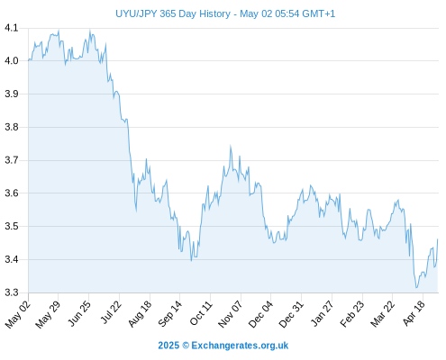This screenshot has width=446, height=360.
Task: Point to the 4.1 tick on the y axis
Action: click(x=12, y=28)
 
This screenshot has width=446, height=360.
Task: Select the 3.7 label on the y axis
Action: click(x=12, y=160)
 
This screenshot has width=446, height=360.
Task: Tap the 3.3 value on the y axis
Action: click(x=12, y=292)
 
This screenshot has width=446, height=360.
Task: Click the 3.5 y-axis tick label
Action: click(x=12, y=226)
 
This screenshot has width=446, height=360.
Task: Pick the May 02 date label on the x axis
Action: click(x=18, y=314)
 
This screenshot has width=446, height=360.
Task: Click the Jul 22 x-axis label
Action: click(x=111, y=312)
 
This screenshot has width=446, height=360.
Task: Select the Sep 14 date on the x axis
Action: click(x=170, y=313)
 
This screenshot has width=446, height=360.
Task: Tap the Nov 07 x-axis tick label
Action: click(x=230, y=314)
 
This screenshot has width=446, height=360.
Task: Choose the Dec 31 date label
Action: click(x=291, y=314)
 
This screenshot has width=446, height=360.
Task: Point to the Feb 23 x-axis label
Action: click(x=352, y=313)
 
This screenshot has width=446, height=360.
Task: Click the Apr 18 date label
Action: click(x=414, y=313)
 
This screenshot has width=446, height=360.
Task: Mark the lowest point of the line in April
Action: click(x=416, y=288)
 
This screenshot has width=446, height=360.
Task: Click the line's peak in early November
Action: click(x=231, y=146)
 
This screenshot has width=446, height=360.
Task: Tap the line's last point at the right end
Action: click(x=438, y=239)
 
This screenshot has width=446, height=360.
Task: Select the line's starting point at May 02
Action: click(x=29, y=60)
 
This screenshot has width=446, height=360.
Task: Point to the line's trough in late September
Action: click(x=191, y=260)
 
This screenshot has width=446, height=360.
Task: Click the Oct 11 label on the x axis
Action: click(x=201, y=313)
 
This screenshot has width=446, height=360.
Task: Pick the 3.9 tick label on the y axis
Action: click(x=12, y=94)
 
